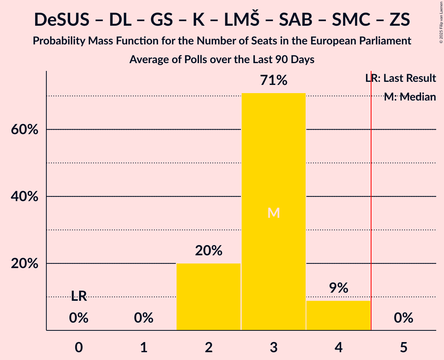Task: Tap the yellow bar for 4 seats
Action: (338, 315)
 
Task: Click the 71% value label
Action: (274, 81)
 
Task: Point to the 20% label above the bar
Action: (209, 251)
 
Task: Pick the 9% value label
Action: (338, 288)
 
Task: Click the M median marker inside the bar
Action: (274, 213)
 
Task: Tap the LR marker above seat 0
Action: (79, 296)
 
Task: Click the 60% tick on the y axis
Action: (25, 130)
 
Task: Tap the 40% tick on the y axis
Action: (25, 197)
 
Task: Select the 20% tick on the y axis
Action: (25, 264)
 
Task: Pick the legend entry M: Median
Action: (410, 97)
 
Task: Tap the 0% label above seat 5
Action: (403, 318)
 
